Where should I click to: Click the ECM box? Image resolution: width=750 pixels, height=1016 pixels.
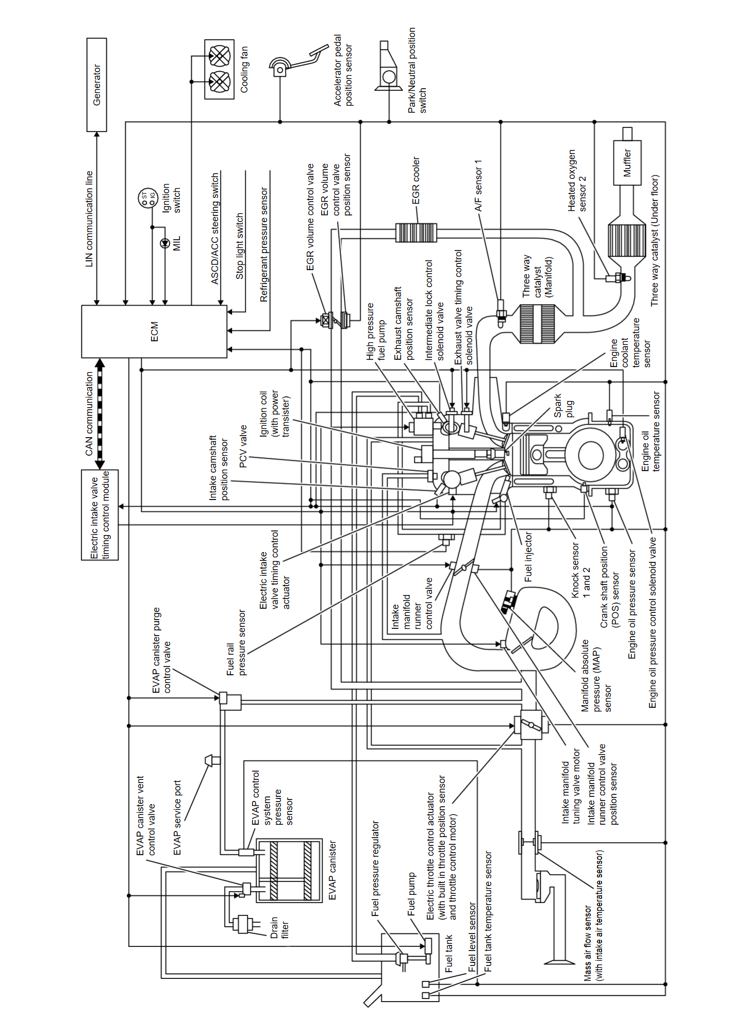154,331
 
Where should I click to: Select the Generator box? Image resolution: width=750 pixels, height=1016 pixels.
96,85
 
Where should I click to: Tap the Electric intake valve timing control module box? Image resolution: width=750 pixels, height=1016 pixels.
100,514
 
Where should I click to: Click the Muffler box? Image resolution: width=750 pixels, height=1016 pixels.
627,163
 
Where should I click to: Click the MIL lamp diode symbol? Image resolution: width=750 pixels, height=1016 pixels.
165,244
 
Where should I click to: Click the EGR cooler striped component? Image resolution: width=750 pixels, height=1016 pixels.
416,232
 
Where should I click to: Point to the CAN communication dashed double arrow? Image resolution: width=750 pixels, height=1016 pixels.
100,413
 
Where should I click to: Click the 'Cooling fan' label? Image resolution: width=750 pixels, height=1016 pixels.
244,69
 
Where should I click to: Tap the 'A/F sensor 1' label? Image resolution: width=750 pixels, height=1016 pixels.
478,185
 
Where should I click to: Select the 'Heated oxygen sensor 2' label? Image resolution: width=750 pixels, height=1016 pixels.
577,180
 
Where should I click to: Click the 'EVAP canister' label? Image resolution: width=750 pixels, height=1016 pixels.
332,871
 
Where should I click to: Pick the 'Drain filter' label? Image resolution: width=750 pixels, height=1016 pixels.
279,928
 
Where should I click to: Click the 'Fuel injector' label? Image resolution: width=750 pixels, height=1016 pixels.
528,557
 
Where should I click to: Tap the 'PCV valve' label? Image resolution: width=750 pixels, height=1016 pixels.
243,446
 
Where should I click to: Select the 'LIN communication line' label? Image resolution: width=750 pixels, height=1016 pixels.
89,219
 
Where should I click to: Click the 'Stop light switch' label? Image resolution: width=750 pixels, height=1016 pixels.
240,246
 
